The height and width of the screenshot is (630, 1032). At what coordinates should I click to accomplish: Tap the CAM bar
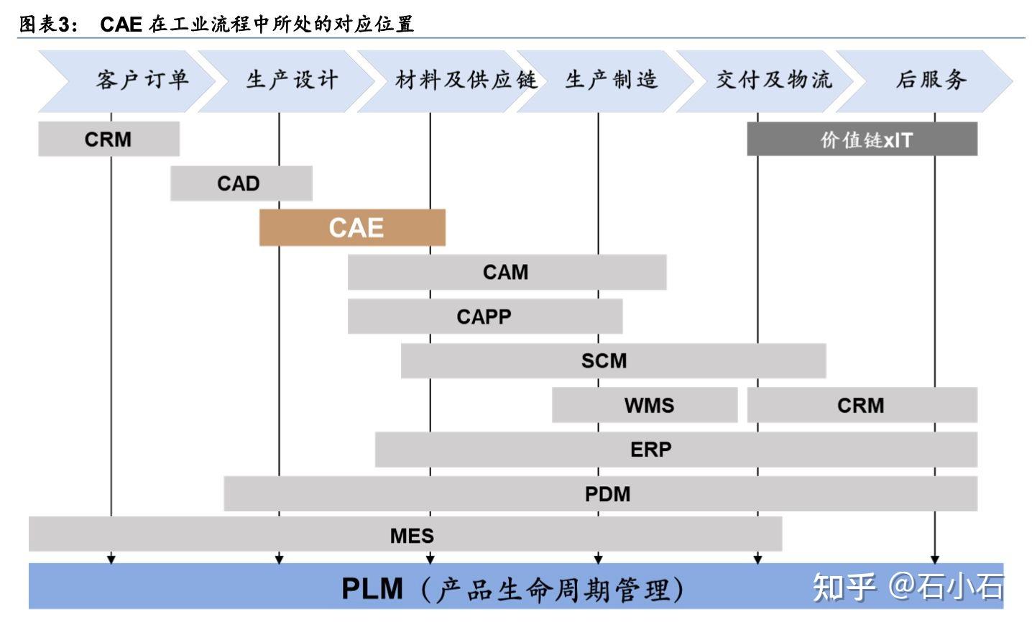click(x=506, y=272)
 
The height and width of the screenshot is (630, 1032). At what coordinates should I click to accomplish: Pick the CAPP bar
click(x=484, y=316)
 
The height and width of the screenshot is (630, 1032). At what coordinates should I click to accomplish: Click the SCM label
click(x=604, y=360)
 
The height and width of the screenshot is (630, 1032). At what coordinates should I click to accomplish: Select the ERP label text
click(x=650, y=449)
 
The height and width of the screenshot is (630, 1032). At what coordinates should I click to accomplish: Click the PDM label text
click(x=607, y=494)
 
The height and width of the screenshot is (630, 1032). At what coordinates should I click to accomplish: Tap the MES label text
click(x=412, y=536)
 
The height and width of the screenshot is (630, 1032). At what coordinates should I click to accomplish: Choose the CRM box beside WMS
click(x=862, y=405)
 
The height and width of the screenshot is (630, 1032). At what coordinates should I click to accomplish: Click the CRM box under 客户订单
click(x=109, y=139)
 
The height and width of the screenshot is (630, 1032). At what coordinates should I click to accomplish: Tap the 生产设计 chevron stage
click(x=291, y=80)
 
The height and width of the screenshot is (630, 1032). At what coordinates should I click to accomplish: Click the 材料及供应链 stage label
click(x=466, y=80)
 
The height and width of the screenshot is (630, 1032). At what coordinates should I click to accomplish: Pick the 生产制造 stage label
click(x=612, y=80)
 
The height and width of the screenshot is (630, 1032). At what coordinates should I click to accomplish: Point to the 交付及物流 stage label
click(x=773, y=80)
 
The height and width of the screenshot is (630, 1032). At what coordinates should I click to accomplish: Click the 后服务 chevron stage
click(x=931, y=80)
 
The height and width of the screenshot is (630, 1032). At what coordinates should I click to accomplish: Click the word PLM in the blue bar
click(x=372, y=588)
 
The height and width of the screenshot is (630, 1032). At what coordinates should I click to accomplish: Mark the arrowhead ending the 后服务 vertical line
click(x=934, y=558)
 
